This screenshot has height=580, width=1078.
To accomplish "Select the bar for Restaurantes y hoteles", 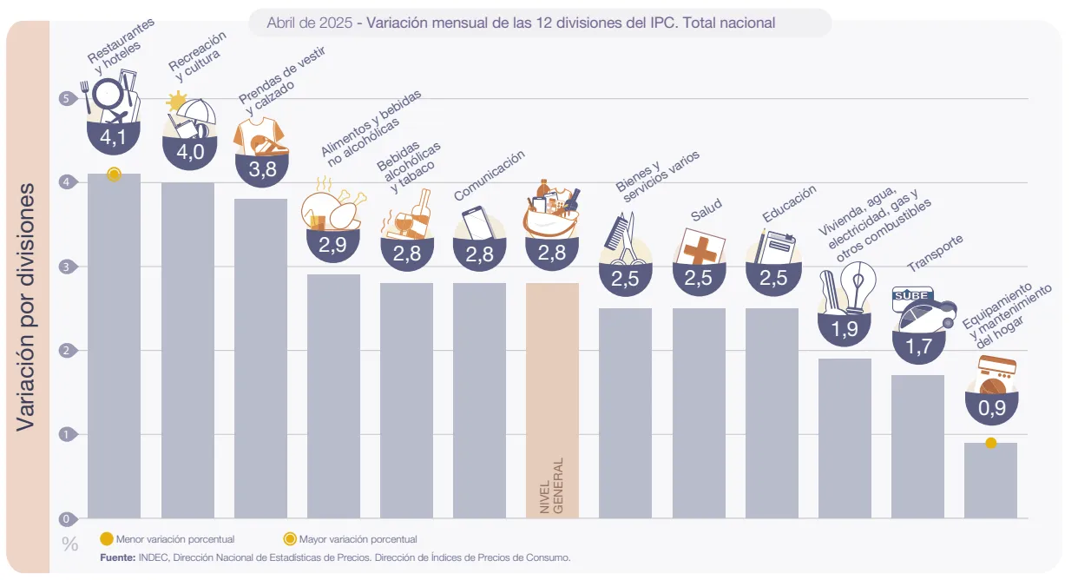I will (114, 347).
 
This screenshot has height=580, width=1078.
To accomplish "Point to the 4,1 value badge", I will (114, 137).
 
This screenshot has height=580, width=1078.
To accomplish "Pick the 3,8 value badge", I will (261, 170).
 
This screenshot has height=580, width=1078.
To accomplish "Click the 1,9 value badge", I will (844, 329).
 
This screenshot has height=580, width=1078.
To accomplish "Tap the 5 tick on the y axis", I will (66, 98).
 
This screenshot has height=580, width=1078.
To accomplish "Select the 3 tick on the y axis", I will (66, 267).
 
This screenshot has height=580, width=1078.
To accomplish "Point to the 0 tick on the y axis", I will (66, 519).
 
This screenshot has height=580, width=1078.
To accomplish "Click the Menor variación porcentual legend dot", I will (107, 538).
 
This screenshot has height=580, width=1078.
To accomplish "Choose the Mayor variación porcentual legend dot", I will (291, 538).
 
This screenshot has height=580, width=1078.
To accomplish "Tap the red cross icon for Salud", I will (699, 248).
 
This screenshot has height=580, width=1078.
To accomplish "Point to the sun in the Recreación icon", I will (177, 102).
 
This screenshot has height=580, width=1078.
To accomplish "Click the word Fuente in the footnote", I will (117, 557).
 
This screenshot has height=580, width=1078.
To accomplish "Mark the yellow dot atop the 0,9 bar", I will (990, 443).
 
